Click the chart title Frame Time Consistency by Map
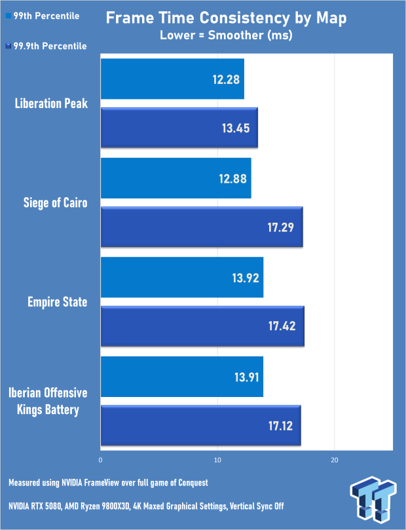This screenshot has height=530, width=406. pyautogui.click(x=226, y=18)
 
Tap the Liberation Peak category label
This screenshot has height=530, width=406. pyautogui.click(x=50, y=103)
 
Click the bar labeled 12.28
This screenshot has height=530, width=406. pyautogui.click(x=172, y=79)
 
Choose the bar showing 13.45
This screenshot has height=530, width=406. pyautogui.click(x=179, y=128)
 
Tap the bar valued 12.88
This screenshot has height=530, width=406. pyautogui.click(x=175, y=178)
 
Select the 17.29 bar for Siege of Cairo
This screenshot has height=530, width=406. pyautogui.click(x=202, y=227)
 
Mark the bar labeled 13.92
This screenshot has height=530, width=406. pyautogui.click(x=182, y=278)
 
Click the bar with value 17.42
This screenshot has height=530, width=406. pyautogui.click(x=202, y=326)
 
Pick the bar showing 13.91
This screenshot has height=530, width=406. pyautogui.click(x=182, y=377)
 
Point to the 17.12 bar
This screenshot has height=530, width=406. pyautogui.click(x=200, y=426)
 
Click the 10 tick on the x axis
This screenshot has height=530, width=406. pyautogui.click(x=217, y=459)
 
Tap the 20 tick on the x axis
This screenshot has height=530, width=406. pyautogui.click(x=334, y=459)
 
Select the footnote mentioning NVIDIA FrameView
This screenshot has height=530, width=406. pyautogui.click(x=108, y=483)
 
